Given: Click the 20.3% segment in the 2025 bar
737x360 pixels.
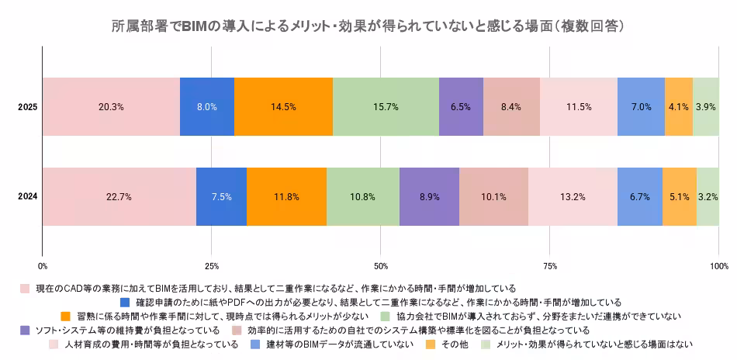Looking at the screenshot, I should click(111, 107).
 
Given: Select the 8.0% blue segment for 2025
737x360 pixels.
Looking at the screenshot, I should click(206, 107).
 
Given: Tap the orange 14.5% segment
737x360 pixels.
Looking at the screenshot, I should click(283, 107).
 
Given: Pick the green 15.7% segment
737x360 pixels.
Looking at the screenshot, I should click(386, 107).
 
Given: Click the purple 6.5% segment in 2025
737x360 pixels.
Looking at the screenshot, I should click(460, 107).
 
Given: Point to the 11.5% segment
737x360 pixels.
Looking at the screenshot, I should click(578, 107).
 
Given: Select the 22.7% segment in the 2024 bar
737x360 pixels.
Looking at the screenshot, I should click(119, 197).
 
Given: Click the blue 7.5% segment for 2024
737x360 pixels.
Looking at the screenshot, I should click(221, 197).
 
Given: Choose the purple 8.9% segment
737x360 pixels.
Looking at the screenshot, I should click(429, 197).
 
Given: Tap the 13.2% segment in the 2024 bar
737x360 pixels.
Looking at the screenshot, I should click(573, 197).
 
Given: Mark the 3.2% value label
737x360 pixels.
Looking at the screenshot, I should click(708, 197).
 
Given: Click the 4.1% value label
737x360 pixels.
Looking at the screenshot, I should click(678, 107).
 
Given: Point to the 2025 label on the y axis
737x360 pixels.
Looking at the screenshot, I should click(28, 107).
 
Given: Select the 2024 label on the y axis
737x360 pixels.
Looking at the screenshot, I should click(28, 197).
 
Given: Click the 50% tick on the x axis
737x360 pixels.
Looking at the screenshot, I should click(381, 266).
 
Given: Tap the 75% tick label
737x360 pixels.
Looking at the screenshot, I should click(549, 266).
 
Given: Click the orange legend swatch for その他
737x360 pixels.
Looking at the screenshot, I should click(429, 344).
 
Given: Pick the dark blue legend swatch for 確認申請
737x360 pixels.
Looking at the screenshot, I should click(125, 302).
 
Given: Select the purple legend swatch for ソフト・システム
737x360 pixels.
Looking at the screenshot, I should click(25, 330).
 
